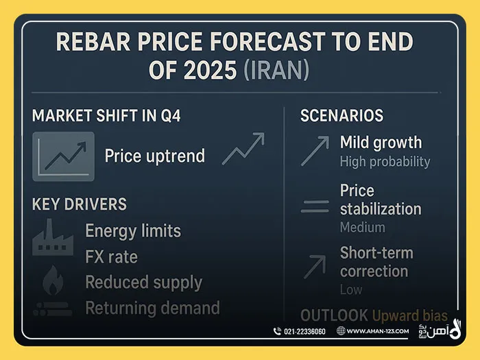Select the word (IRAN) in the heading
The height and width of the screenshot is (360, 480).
[276, 71]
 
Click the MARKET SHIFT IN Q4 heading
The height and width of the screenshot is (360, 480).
[106, 115]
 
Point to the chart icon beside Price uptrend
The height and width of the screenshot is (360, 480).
[63, 156]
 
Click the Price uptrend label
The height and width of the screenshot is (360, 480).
[154, 156]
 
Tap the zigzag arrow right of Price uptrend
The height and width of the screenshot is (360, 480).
[243, 149]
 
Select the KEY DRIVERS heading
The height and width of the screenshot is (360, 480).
[80, 204]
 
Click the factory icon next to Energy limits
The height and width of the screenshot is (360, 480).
[53, 237]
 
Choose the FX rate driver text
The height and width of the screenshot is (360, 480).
[111, 257]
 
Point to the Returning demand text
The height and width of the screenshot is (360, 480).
[152, 308]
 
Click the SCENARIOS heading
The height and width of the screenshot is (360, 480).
[341, 115]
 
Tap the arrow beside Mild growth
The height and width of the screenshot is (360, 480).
[315, 150]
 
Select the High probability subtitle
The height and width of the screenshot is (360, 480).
[385, 162]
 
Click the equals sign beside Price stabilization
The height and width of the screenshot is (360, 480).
[315, 206]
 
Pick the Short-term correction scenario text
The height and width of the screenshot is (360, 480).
[376, 261]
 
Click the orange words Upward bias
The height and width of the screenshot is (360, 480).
[409, 316]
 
